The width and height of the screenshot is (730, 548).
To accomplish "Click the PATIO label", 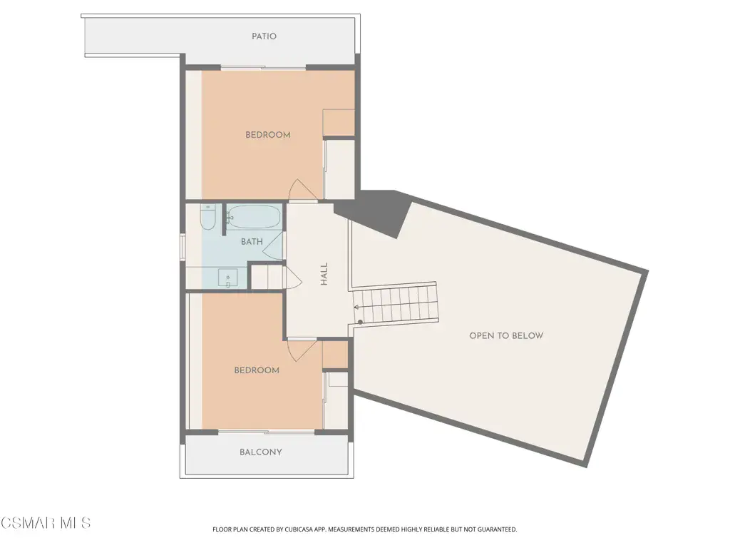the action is (x=264, y=36).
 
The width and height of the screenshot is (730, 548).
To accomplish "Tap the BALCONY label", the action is (x=261, y=452).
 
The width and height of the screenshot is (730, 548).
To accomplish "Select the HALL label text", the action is (x=324, y=274).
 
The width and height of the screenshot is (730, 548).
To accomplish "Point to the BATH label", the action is (x=252, y=242).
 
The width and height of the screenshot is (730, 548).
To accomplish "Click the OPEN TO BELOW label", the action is (x=506, y=335).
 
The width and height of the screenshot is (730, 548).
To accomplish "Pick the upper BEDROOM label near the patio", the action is (x=268, y=135).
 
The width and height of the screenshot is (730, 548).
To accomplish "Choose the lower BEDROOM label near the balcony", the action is (x=257, y=370).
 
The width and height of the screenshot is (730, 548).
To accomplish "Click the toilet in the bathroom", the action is (x=207, y=217).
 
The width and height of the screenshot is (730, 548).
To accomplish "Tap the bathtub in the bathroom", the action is (x=254, y=217).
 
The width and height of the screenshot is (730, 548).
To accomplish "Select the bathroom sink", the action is (x=227, y=278).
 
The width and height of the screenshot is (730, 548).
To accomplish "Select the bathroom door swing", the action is (x=273, y=246).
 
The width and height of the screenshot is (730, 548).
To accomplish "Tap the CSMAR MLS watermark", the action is (x=46, y=523).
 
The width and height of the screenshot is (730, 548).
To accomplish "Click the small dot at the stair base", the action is (x=360, y=322).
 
